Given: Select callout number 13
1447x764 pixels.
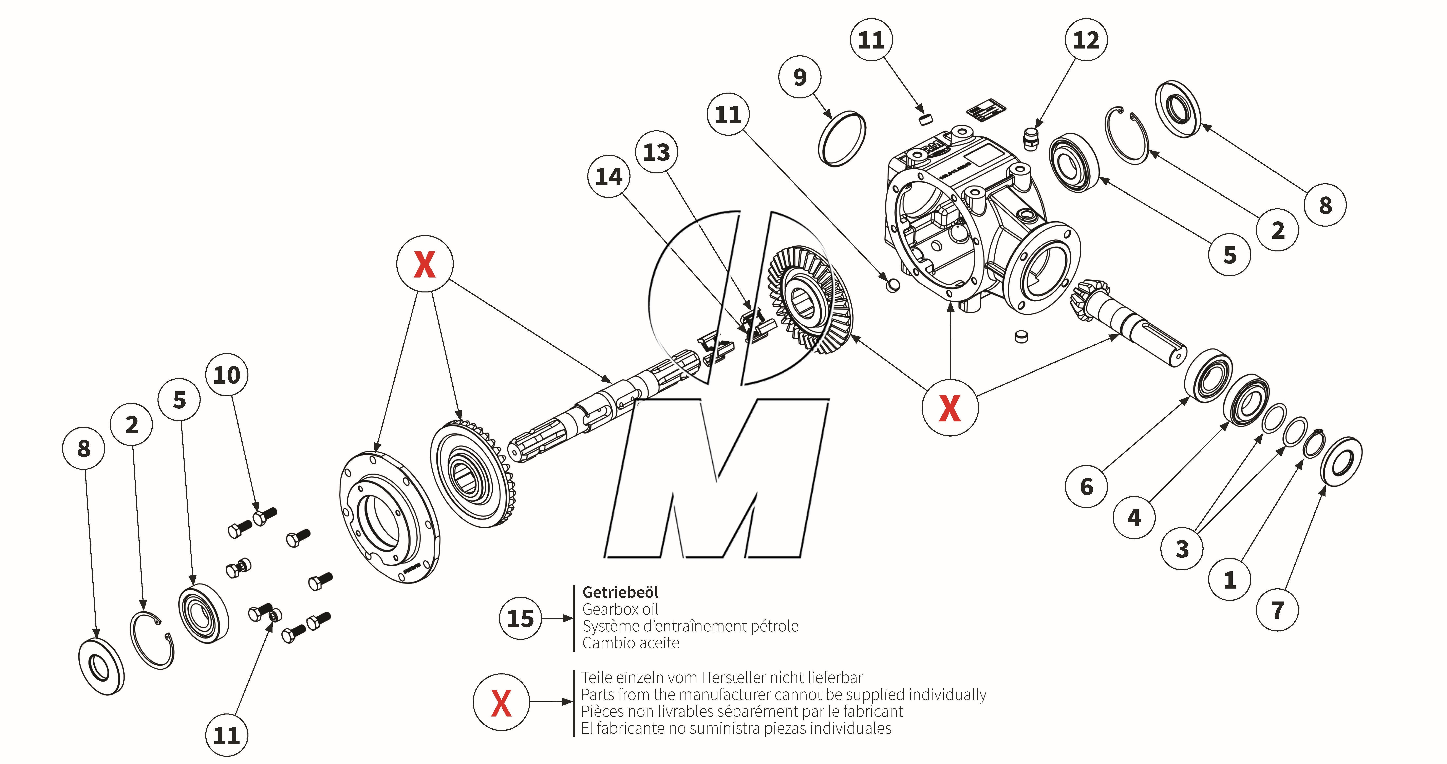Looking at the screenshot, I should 656,152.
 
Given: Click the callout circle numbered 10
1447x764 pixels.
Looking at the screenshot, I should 226,375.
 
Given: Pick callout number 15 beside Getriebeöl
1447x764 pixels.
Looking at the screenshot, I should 520,618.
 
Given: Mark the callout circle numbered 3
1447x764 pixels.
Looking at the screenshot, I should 1182,548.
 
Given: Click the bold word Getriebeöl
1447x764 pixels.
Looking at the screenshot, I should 620,592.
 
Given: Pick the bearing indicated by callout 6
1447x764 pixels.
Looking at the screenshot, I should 1208,375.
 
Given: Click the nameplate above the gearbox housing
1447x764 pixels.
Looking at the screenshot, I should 986,110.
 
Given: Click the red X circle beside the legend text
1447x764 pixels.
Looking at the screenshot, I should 501,702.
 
